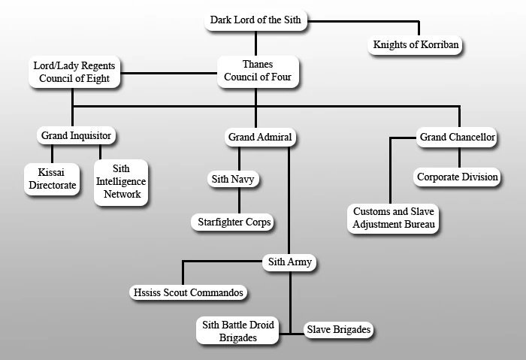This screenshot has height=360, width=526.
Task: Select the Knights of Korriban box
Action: click(x=416, y=45)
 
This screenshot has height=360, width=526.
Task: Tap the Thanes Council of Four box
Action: click(x=258, y=71)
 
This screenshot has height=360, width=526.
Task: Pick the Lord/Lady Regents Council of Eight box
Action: click(x=74, y=72)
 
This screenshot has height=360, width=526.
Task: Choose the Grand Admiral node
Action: click(x=258, y=138)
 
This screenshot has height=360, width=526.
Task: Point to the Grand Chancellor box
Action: click(x=457, y=137)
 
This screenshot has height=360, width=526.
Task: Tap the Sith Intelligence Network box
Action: click(x=122, y=182)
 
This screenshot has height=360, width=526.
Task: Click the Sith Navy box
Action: click(x=238, y=180)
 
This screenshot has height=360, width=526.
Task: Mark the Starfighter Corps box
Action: click(x=234, y=222)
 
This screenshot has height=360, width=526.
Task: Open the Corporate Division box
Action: click(x=457, y=177)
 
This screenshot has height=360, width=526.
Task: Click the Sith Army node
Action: click(x=289, y=262)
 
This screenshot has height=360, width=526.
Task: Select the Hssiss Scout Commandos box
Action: click(x=188, y=292)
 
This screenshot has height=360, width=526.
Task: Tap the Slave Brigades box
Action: click(x=338, y=329)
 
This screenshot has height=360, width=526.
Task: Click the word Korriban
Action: click(x=435, y=45)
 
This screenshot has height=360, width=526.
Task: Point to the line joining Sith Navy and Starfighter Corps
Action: click(x=239, y=201)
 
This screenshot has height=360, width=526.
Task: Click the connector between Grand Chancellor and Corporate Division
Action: click(x=458, y=157)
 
